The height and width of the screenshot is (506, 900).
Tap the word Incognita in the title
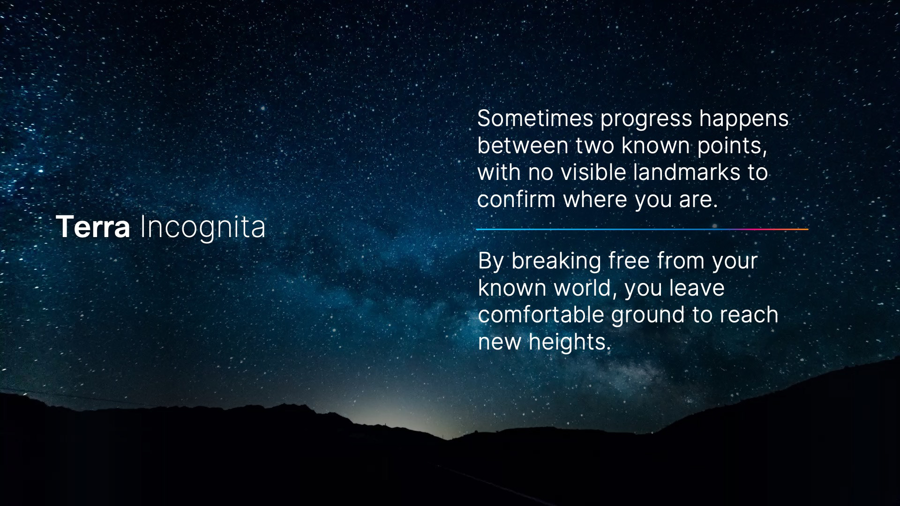click(x=203, y=228)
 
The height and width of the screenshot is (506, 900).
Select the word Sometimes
click(x=535, y=119)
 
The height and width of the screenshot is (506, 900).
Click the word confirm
click(x=517, y=199)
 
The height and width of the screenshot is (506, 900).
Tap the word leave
click(x=697, y=288)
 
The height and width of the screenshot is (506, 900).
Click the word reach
click(x=749, y=314)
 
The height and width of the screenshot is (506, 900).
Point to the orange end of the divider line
click(x=808, y=229)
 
